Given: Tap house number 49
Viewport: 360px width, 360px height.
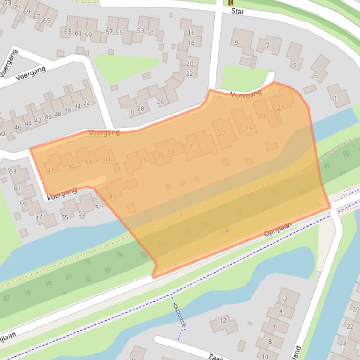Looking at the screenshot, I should (112, 196).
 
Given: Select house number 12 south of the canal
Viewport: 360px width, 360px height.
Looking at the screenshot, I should (223, 321).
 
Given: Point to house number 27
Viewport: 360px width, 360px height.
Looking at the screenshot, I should (222, 134).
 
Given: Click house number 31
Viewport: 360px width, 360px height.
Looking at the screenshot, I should (192, 146).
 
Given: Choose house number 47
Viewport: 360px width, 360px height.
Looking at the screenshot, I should (50, 171).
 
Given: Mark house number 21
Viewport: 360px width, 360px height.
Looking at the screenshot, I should (280, 108).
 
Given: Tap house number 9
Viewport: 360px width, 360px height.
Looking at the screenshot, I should (236, 43).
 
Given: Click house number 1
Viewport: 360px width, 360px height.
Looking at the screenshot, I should (335, 98).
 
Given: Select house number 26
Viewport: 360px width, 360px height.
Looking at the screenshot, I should (160, 101).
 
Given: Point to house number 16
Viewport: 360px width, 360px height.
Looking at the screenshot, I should (191, 33).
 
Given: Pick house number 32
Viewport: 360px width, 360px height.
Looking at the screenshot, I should (86, 102).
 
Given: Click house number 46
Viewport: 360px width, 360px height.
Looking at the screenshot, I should (18, 127).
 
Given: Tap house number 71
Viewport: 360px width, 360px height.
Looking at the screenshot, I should (17, 7).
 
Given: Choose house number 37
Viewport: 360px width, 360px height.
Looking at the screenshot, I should (143, 160).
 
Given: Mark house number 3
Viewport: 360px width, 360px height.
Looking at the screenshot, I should (316, 77).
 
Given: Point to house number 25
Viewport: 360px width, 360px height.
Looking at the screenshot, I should (248, 128).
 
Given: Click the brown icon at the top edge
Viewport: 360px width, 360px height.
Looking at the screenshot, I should (230, 2).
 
